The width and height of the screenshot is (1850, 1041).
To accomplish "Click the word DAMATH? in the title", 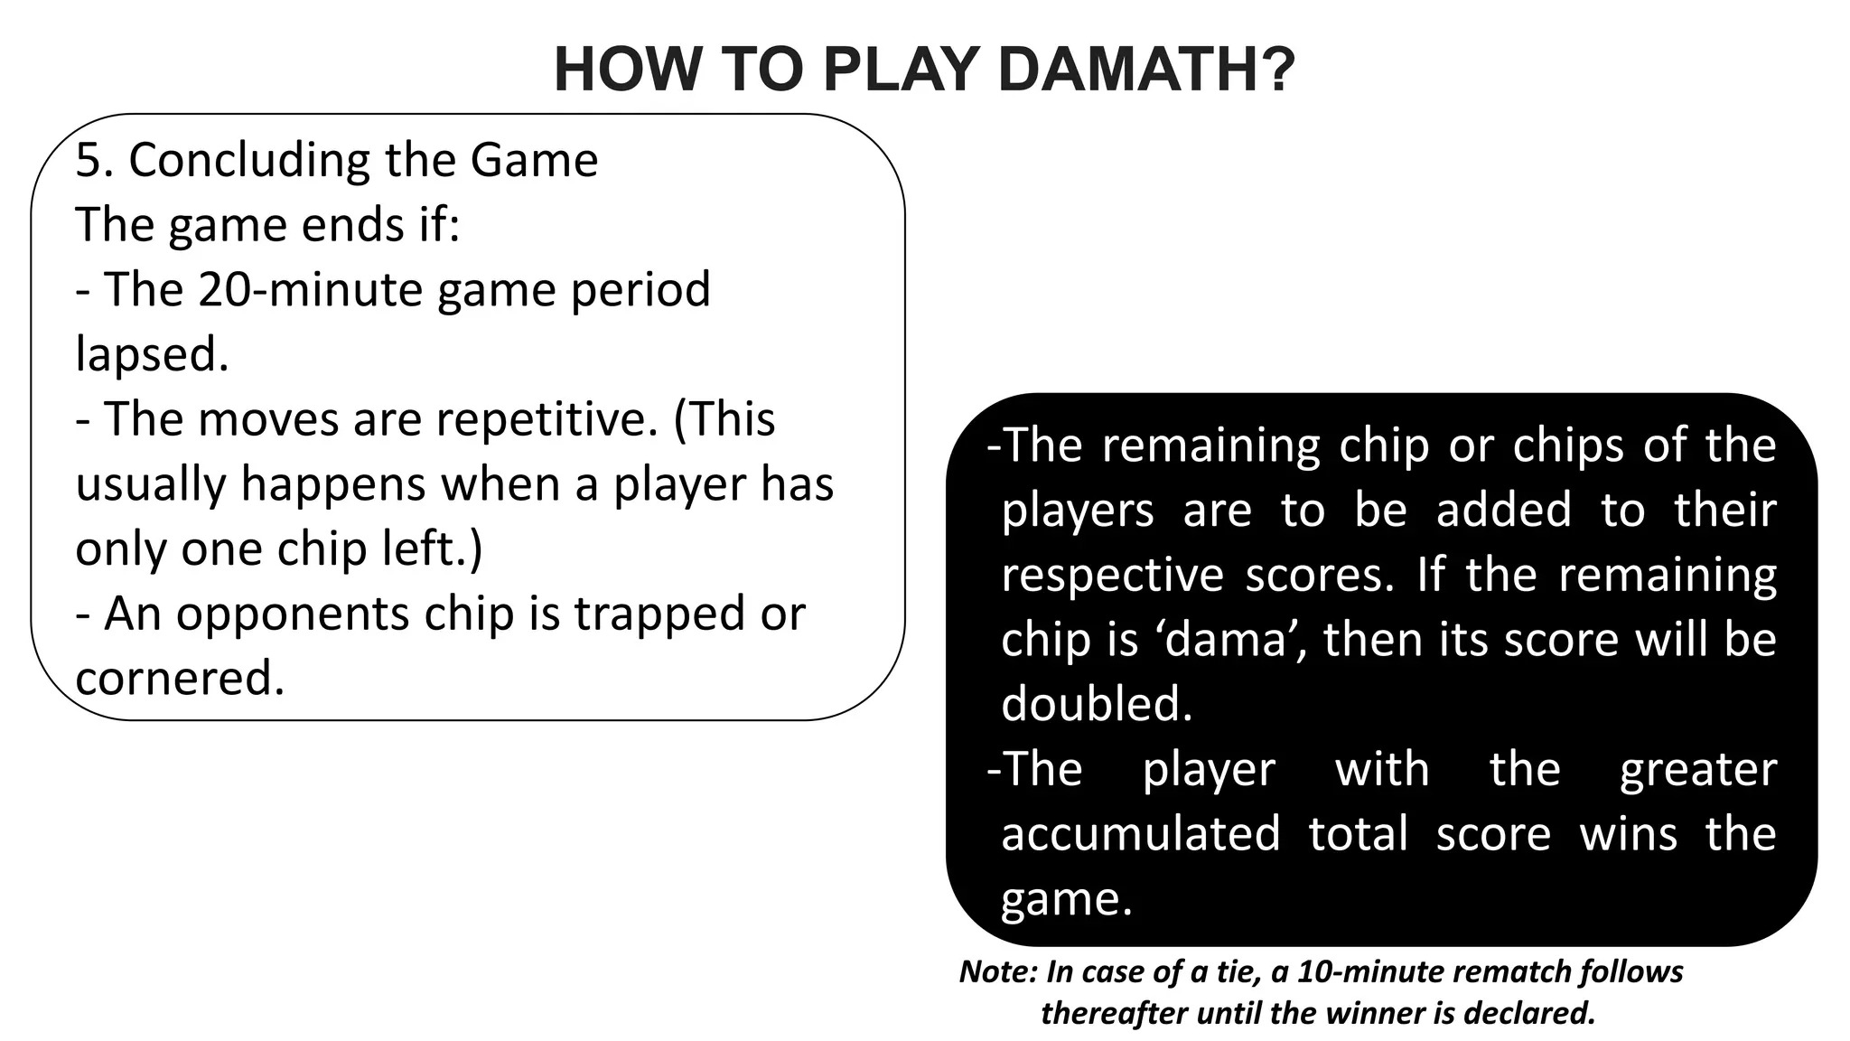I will coord(1147,70).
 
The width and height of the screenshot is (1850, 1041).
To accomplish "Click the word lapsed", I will coord(152,355).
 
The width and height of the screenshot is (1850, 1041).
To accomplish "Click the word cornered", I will coord(180,679).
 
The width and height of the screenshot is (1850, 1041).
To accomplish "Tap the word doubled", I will coord(1097,704).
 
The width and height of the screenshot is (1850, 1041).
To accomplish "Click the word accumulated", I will coord(1140,833).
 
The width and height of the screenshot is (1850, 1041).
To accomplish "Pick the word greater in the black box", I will coord(1697,770).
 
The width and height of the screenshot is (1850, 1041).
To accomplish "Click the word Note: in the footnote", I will coord(998,971).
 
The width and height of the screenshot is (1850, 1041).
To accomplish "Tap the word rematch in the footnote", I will coord(1508,971).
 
